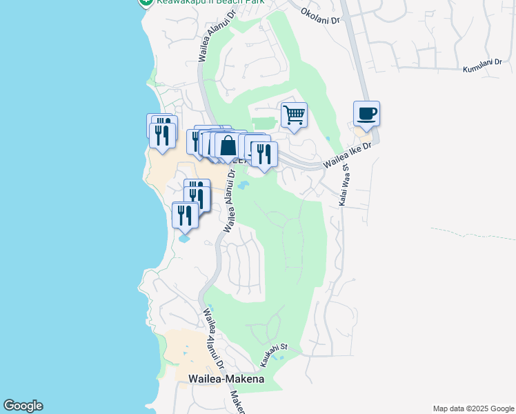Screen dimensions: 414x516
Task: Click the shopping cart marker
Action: pos(294,115)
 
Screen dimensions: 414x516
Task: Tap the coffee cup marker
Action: pos(367,113)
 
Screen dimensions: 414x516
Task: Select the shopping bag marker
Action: pos(228,146)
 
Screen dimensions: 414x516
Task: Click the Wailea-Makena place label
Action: pos(226,379)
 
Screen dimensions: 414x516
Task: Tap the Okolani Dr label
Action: pos(320,15)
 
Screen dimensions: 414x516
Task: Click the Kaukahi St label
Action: pos(272,357)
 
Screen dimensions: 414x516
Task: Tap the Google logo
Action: pos(23,406)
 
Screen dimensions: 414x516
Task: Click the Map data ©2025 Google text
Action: pos(473,408)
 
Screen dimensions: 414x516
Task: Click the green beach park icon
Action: pos(146,2)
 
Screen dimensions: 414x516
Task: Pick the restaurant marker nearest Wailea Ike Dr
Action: pos(264,154)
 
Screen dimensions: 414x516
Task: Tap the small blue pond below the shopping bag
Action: pos(243,185)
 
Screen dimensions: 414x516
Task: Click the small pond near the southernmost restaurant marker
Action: pos(183,239)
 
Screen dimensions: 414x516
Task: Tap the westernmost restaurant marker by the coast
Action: pos(163,135)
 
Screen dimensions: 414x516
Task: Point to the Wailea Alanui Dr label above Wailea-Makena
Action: pos(215,338)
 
